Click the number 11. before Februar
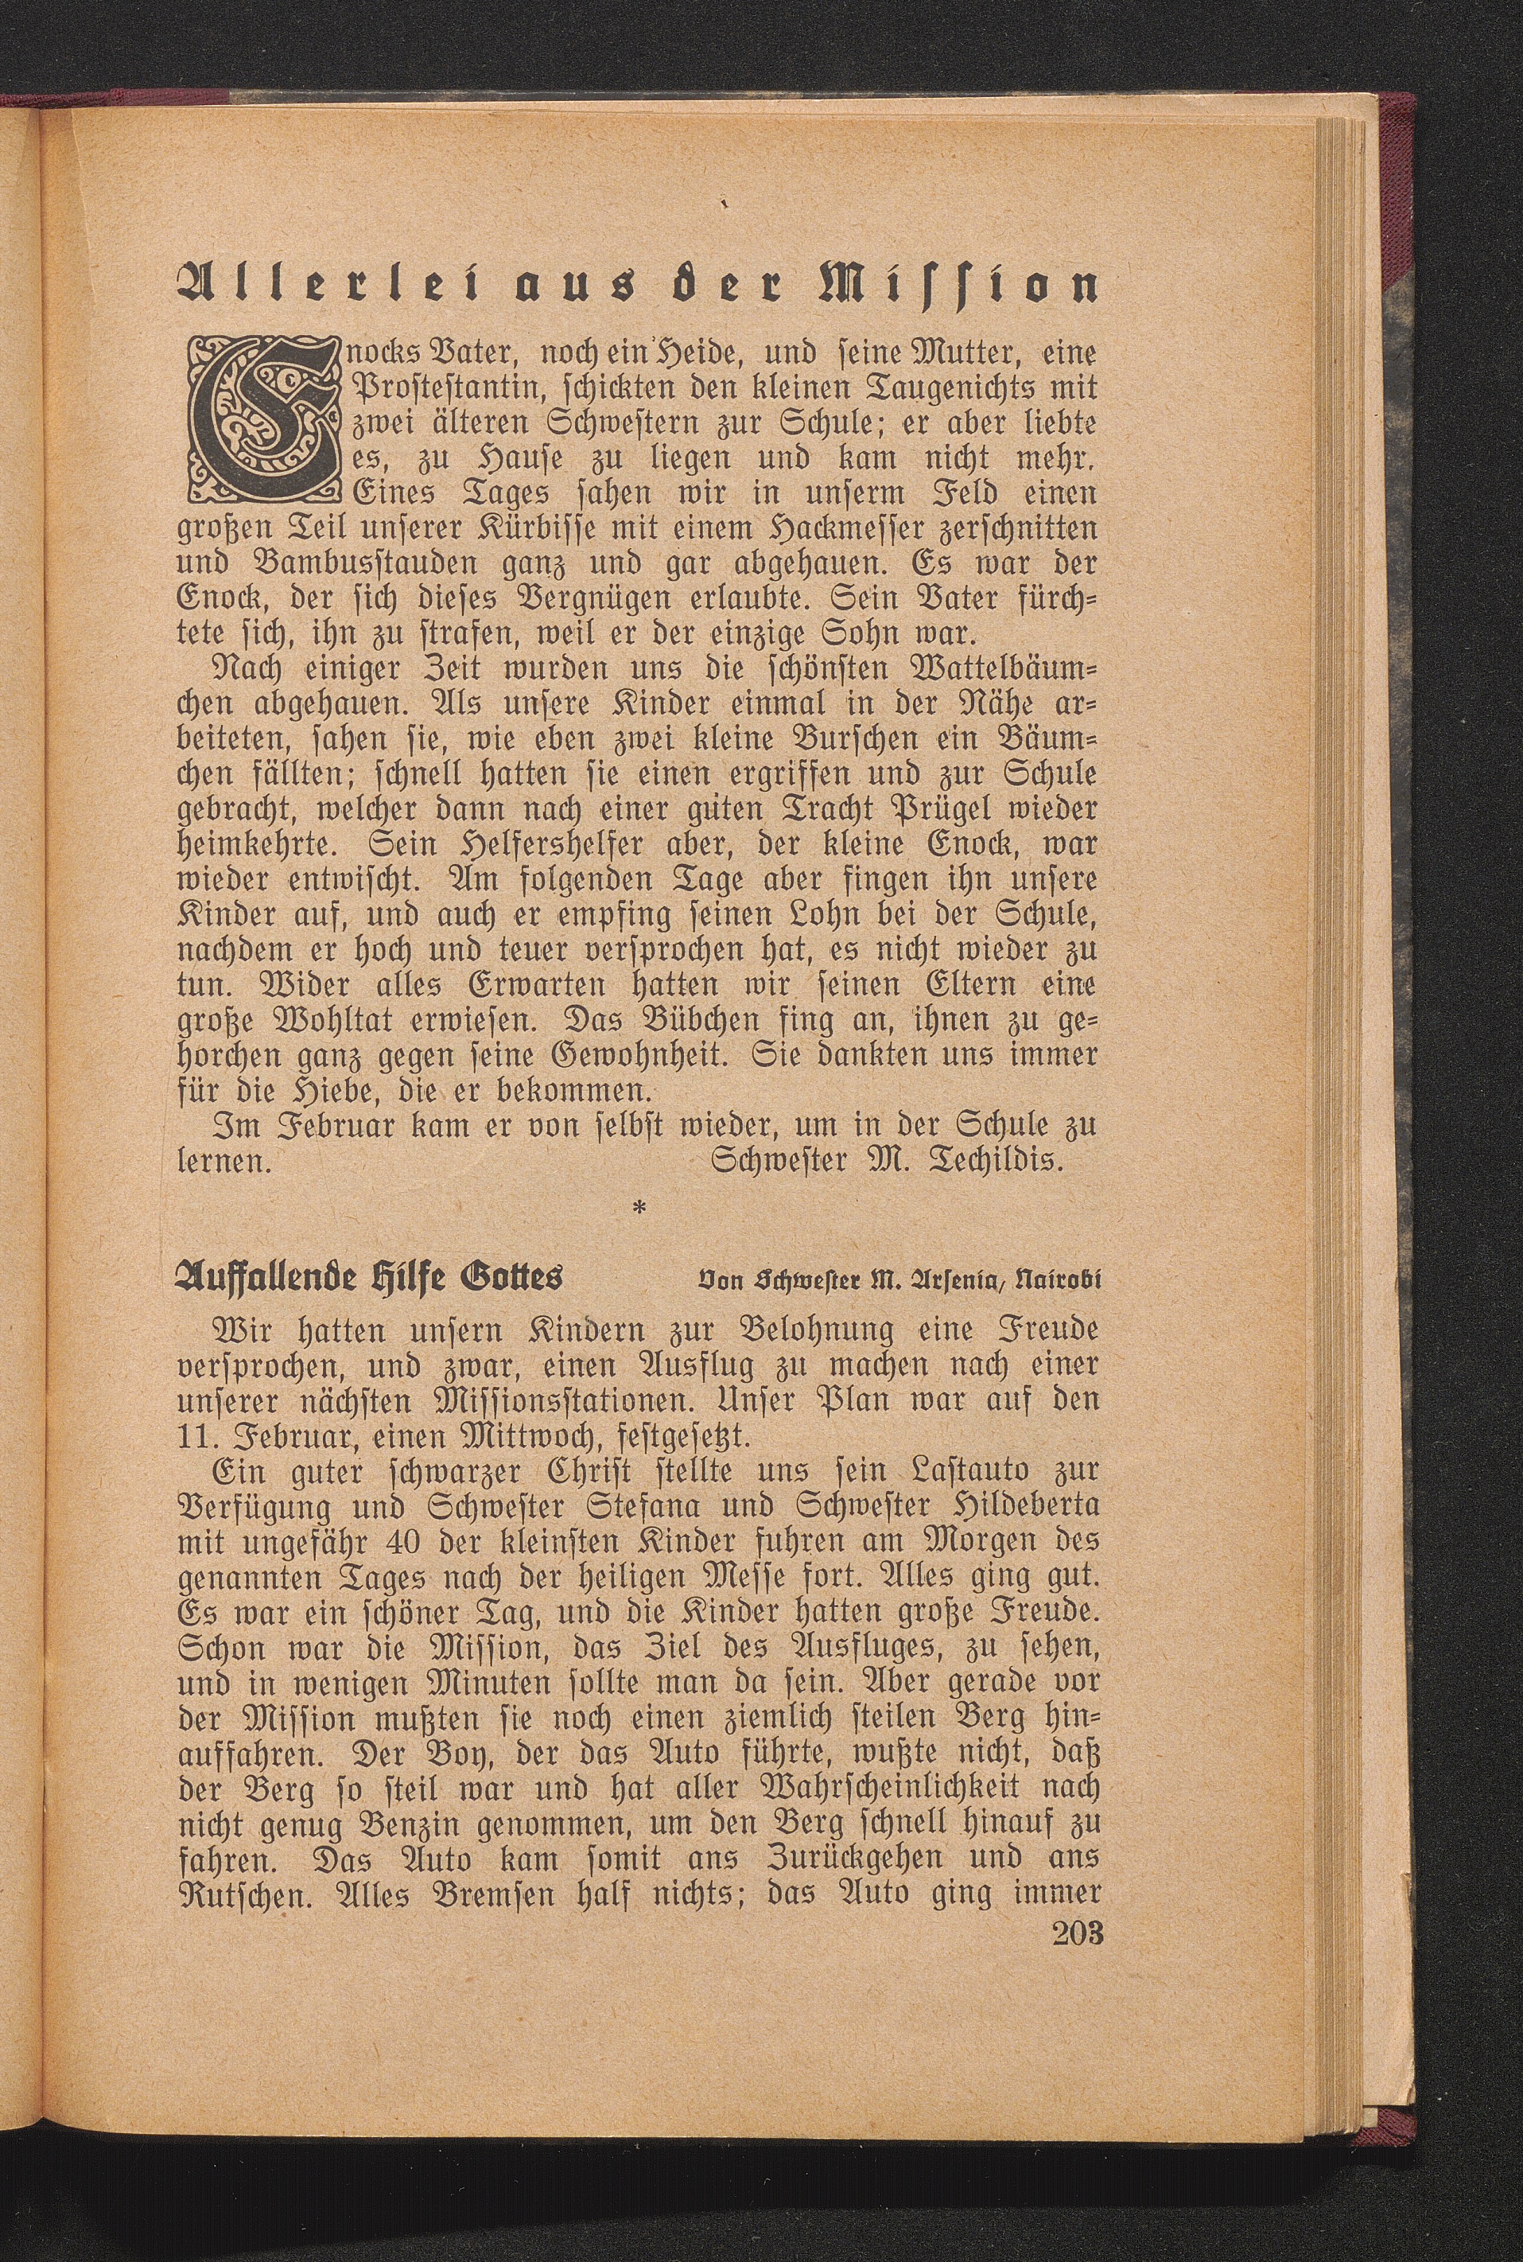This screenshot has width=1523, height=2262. pyautogui.click(x=197, y=1435)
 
